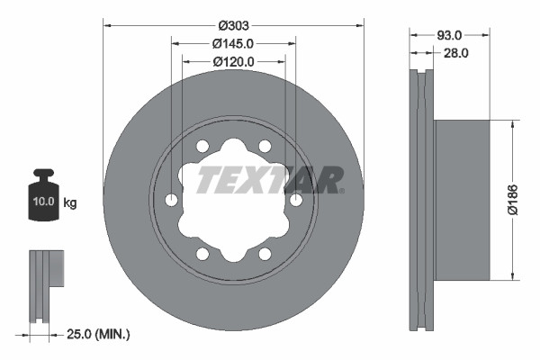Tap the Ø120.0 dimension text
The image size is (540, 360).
233,61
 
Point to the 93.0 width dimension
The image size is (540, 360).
449,34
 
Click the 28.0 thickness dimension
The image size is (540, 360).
456,53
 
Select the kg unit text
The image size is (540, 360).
70,203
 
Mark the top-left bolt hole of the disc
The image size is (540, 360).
202,146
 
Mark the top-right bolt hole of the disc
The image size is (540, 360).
265,146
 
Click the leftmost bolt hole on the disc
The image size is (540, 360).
172,200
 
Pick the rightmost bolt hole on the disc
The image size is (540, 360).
296,200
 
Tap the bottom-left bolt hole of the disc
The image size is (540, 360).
202,254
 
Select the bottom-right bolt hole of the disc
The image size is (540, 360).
265,254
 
